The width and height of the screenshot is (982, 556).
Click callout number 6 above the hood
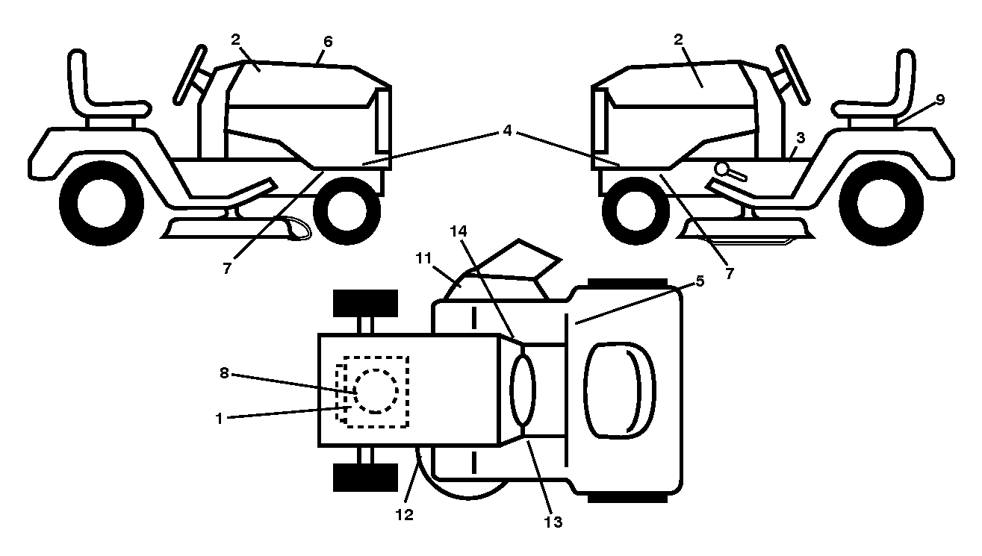[328, 42]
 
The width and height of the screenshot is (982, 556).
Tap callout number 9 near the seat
[940, 100]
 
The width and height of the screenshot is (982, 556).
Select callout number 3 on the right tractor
[801, 138]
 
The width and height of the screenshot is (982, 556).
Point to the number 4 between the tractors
[507, 131]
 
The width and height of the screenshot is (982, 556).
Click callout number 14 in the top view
[700, 281]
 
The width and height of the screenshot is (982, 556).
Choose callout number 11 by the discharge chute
[423, 258]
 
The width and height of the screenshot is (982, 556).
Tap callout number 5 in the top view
[700, 281]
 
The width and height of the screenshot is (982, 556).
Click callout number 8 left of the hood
[224, 373]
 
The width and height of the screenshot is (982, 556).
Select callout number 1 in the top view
[220, 419]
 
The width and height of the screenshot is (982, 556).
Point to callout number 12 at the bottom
[404, 515]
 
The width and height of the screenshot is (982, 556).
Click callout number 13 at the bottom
[553, 522]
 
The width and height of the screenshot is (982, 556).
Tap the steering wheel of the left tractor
[190, 75]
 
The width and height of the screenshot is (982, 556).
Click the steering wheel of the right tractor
[792, 75]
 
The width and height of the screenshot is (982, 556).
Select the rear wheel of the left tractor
[102, 203]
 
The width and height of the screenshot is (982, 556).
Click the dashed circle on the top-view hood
[376, 391]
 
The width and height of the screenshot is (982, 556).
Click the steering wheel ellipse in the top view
[523, 390]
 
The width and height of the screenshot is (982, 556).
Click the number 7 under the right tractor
[729, 274]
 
